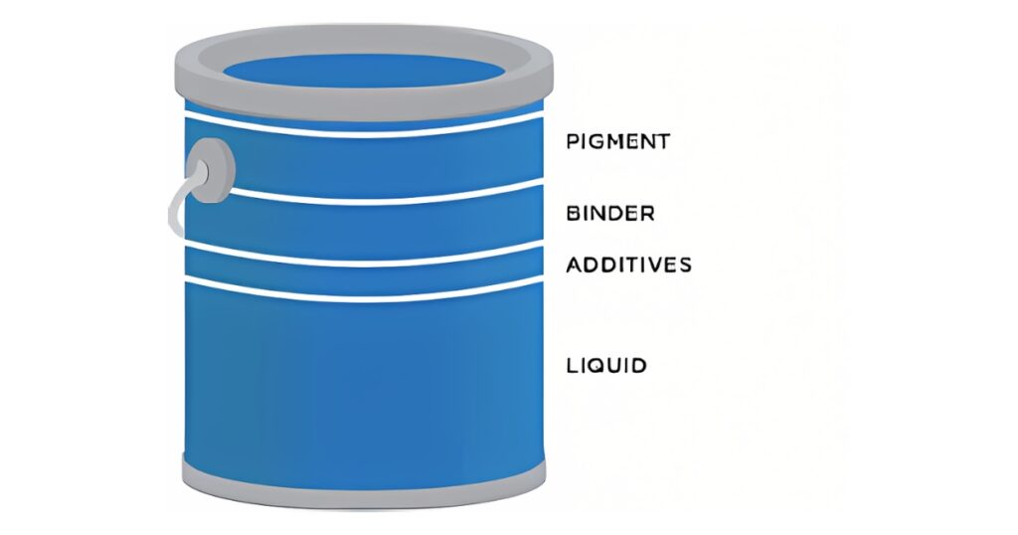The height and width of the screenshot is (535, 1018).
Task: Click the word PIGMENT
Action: tap(617, 141)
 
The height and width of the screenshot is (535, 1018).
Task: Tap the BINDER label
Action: tap(610, 213)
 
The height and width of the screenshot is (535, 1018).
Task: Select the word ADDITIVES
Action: tap(628, 265)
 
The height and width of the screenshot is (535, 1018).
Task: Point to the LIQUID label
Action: tap(606, 365)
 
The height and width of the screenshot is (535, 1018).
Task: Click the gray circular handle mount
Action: tap(210, 170)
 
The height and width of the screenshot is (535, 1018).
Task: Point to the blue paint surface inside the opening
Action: tap(363, 73)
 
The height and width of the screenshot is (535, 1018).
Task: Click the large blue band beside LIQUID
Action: tap(365, 378)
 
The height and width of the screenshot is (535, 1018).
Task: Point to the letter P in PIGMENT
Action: tap(572, 141)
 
